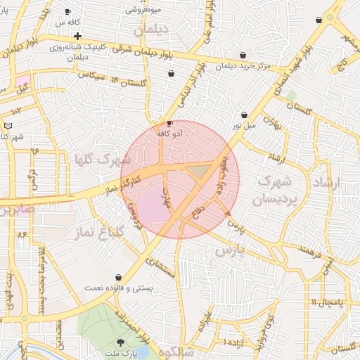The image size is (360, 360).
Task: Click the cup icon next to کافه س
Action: [x=68, y=12]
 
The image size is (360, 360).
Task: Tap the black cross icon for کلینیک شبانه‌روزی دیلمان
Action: [x=77, y=36]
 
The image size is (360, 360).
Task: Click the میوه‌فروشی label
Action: [x=145, y=9]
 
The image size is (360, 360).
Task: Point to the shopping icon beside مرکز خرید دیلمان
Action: [x=243, y=55]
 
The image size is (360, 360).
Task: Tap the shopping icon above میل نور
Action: [x=244, y=115]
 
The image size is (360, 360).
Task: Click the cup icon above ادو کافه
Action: [x=169, y=123]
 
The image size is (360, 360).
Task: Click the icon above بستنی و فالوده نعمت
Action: [x=118, y=278]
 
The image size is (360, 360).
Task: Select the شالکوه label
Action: [x=176, y=352]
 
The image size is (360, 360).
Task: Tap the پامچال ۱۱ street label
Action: [x=326, y=302]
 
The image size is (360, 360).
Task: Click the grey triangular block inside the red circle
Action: [x=202, y=169]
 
